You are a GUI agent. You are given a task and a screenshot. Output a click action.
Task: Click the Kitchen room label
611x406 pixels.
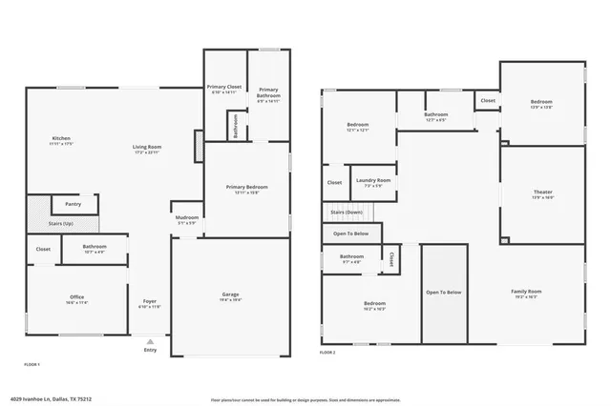61,139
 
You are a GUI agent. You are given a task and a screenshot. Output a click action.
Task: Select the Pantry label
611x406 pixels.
73,204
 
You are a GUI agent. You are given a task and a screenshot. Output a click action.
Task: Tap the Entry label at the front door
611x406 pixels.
150,350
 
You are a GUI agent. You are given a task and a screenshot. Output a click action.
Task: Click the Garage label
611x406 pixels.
230,295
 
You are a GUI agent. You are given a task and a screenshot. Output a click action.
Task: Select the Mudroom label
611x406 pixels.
187,218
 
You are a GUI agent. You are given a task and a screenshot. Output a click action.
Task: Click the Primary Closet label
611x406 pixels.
224,88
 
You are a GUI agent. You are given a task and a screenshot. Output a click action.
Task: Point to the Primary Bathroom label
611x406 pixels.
268,91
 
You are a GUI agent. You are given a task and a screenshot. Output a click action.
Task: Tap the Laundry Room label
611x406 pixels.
373,180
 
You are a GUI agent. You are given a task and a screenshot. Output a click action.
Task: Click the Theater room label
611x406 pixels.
542,193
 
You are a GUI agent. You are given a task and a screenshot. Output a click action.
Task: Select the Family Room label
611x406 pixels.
526,292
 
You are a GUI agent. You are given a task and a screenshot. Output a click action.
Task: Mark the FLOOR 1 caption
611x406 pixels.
32,365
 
